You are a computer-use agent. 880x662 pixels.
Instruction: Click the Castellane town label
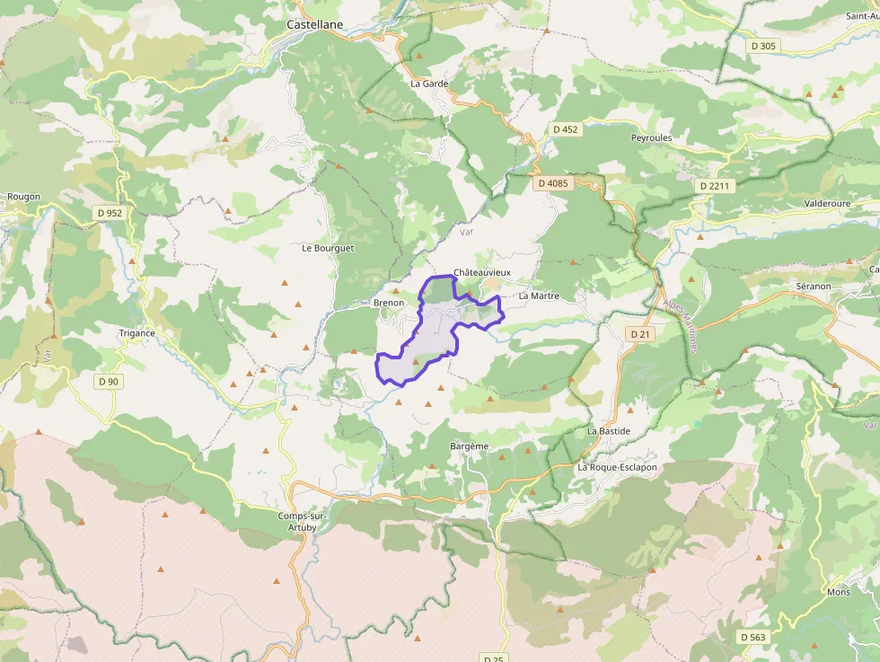pyautogui.click(x=314, y=25)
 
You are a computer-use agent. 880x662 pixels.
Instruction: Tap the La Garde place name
pyautogui.click(x=428, y=84)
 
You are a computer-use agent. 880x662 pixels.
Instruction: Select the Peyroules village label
pyautogui.click(x=651, y=138)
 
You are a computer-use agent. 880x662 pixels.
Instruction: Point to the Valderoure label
pyautogui.click(x=828, y=204)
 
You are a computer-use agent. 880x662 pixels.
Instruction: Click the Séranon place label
pyautogui.click(x=813, y=286)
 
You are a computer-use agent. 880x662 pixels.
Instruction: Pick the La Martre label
pyautogui.click(x=539, y=296)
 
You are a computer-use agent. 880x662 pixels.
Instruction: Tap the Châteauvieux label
pyautogui.click(x=482, y=272)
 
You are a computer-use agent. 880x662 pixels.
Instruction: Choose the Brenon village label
pyautogui.click(x=388, y=304)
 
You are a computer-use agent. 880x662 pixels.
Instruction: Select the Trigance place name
pyautogui.click(x=136, y=333)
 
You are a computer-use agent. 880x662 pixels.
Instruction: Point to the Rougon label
pyautogui.click(x=23, y=197)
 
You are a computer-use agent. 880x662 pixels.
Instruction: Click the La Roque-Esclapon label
pyautogui.click(x=617, y=468)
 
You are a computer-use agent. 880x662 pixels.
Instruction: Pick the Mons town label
pyautogui.click(x=838, y=593)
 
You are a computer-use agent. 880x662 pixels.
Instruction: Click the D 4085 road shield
pyautogui.click(x=552, y=183)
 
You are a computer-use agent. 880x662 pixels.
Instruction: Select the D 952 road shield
pyautogui.click(x=112, y=213)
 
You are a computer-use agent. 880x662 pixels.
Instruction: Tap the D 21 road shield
pyautogui.click(x=639, y=333)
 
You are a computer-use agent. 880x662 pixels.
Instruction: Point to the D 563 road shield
pyautogui.click(x=753, y=637)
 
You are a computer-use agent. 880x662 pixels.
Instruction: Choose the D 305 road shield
pyautogui.click(x=762, y=45)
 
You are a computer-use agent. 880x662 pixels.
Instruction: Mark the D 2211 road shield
pyautogui.click(x=716, y=186)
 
